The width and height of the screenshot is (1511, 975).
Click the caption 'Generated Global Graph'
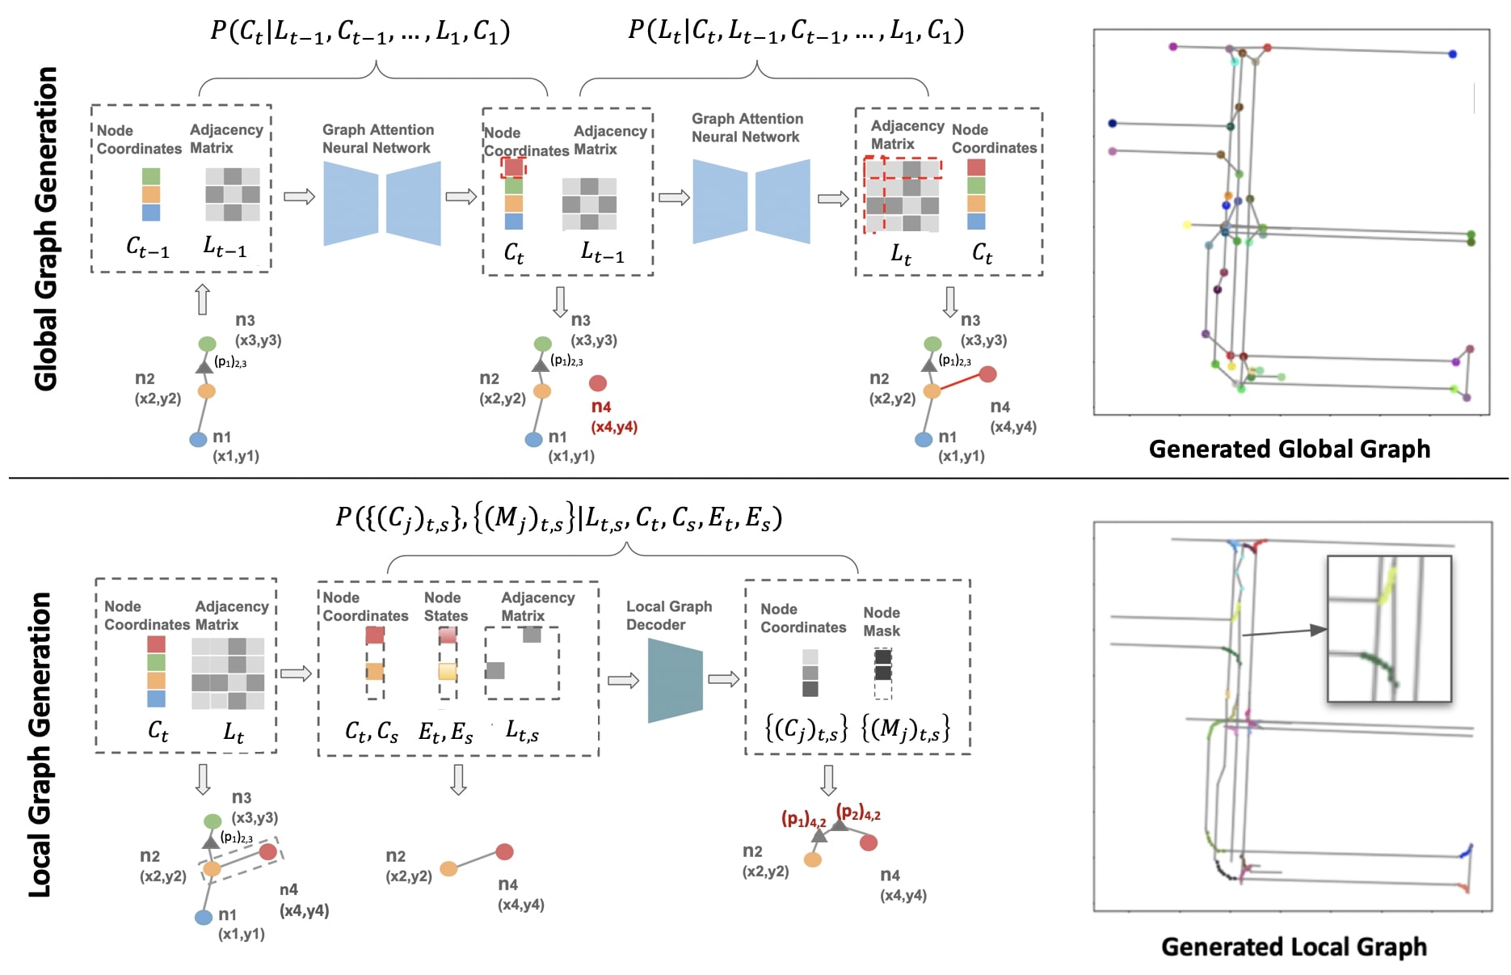pyautogui.click(x=1289, y=449)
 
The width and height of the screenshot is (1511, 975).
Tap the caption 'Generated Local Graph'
pyautogui.click(x=1294, y=947)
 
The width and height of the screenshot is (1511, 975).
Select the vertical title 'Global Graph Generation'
pyautogui.click(x=46, y=229)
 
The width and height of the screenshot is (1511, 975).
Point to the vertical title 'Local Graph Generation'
pyautogui.click(x=40, y=745)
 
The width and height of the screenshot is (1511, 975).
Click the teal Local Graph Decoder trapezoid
pyautogui.click(x=675, y=680)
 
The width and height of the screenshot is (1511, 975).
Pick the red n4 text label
pyautogui.click(x=601, y=407)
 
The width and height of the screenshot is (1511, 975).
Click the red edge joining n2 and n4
pyautogui.click(x=960, y=382)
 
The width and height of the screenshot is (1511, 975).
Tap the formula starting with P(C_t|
pyautogui.click(x=360, y=32)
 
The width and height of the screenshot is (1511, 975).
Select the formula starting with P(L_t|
pyautogui.click(x=796, y=32)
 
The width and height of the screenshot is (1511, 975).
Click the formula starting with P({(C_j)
pyautogui.click(x=558, y=517)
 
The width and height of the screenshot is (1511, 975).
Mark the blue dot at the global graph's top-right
pyautogui.click(x=1452, y=54)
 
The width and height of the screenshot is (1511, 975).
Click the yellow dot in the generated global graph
pyautogui.click(x=1186, y=225)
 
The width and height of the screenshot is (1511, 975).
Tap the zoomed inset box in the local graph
pyautogui.click(x=1389, y=628)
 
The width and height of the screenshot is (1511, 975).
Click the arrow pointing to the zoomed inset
pyautogui.click(x=1284, y=631)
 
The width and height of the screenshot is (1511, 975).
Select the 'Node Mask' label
pyautogui.click(x=881, y=622)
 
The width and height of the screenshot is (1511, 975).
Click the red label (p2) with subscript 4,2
pyautogui.click(x=857, y=812)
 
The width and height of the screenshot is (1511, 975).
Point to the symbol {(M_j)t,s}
pyautogui.click(x=905, y=729)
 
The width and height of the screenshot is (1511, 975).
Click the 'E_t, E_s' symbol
pyautogui.click(x=445, y=732)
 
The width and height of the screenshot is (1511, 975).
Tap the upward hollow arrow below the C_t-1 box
pyautogui.click(x=203, y=299)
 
